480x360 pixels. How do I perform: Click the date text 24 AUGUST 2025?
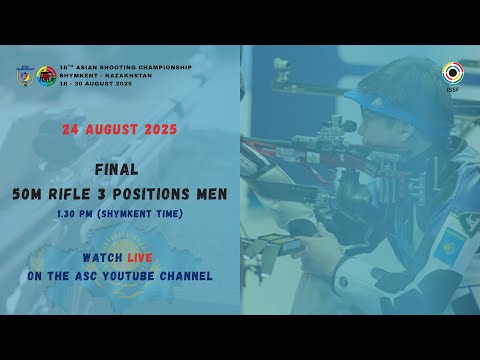click(119, 130)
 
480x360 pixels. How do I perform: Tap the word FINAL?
click(119, 171)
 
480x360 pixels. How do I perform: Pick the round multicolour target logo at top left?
click(46, 76)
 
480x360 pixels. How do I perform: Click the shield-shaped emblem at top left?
click(24, 76)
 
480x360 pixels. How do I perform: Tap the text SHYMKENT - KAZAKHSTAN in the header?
click(101, 75)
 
